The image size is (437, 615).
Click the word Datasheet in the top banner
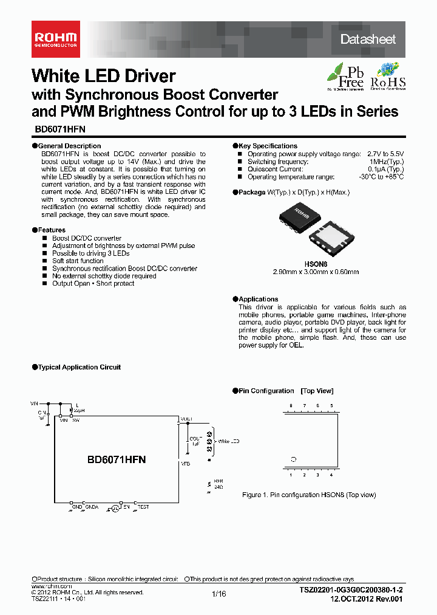tap(368, 40)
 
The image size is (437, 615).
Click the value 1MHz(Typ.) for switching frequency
tap(386, 162)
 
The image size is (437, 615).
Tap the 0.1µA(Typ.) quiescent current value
tap(385, 169)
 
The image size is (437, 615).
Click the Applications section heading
tap(257, 299)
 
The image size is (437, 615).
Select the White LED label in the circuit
tap(229, 441)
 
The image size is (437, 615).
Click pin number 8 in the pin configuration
tap(291, 405)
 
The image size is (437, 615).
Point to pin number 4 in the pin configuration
tap(331, 475)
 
